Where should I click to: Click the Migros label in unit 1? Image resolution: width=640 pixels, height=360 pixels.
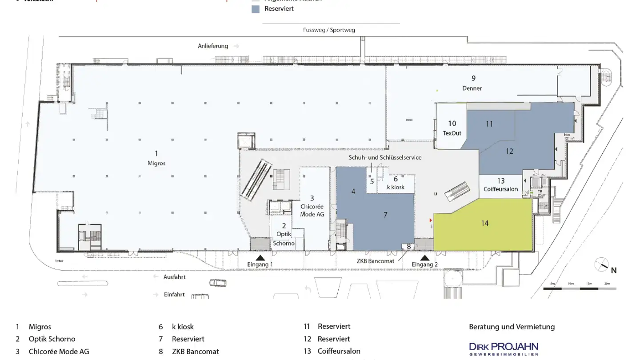point(156,163)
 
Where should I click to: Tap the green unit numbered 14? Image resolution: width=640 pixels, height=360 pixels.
point(484,223)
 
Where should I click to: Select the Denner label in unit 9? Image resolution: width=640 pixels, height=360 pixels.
point(472,88)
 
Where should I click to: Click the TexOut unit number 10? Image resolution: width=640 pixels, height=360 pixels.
point(452,124)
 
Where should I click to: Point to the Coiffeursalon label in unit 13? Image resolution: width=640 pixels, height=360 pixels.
point(501,189)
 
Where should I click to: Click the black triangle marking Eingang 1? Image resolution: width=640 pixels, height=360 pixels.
point(260,257)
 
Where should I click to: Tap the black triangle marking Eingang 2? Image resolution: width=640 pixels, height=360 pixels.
point(425,257)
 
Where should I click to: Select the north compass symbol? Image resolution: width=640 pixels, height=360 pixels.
point(602,265)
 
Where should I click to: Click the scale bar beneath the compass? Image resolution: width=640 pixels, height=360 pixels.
point(580,288)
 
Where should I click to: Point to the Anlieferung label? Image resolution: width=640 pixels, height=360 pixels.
point(213,46)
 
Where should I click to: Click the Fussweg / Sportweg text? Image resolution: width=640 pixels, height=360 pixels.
point(329,30)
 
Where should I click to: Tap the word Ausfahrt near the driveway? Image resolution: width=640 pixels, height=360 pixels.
point(175,277)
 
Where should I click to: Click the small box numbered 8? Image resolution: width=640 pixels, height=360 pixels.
point(408,246)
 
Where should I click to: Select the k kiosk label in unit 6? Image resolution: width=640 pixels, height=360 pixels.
point(396,187)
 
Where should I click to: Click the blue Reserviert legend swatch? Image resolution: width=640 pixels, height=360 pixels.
point(255,9)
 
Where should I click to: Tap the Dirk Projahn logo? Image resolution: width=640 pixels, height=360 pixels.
point(504,348)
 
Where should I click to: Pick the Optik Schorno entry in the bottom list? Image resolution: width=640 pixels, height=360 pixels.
point(52,339)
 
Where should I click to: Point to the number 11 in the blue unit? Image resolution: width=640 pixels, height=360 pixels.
point(489,124)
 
